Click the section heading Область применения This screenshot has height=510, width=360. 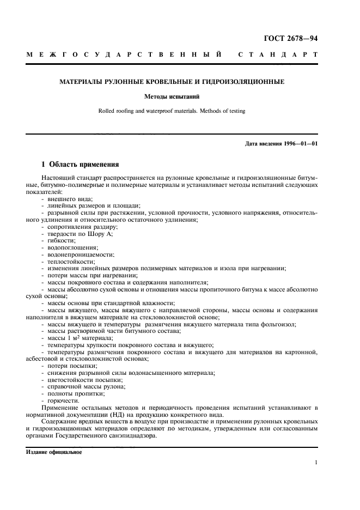(x=83, y=164)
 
